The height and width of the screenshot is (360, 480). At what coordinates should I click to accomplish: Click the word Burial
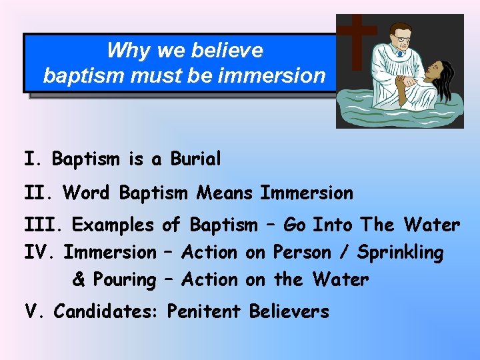[195, 160]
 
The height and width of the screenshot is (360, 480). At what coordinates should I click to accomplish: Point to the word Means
[225, 193]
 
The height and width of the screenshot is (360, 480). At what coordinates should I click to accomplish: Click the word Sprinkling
[400, 253]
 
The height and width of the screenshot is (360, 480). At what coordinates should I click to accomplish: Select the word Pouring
[125, 279]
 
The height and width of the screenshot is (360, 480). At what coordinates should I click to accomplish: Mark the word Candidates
[107, 311]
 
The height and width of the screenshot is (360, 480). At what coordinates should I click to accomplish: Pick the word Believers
[289, 311]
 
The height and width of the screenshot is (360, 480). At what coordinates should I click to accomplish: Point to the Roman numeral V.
[32, 311]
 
